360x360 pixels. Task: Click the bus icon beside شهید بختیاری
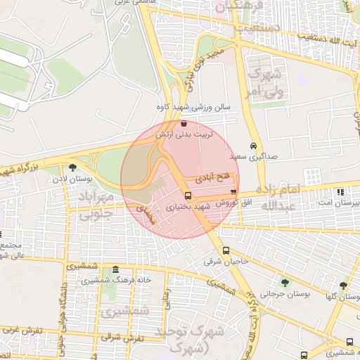[x=188, y=196]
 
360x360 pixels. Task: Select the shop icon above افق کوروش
[x=233, y=192]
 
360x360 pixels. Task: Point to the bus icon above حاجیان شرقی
[x=226, y=250]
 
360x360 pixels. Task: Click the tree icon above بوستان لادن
[x=72, y=167]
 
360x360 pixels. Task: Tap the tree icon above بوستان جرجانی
[x=284, y=282]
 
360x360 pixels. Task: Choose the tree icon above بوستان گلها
[x=342, y=285]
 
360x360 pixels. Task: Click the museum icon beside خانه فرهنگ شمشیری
[x=115, y=270]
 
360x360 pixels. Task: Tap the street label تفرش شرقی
[x=121, y=337]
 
